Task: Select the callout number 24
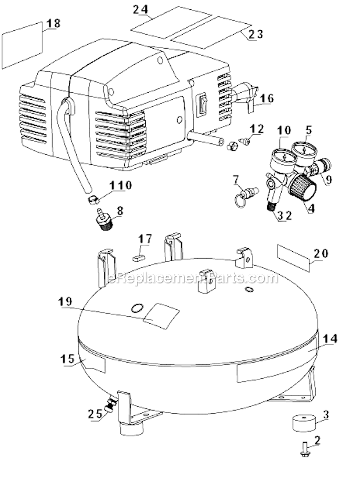pyautogui.click(x=140, y=10)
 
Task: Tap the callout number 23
pyautogui.click(x=255, y=34)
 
